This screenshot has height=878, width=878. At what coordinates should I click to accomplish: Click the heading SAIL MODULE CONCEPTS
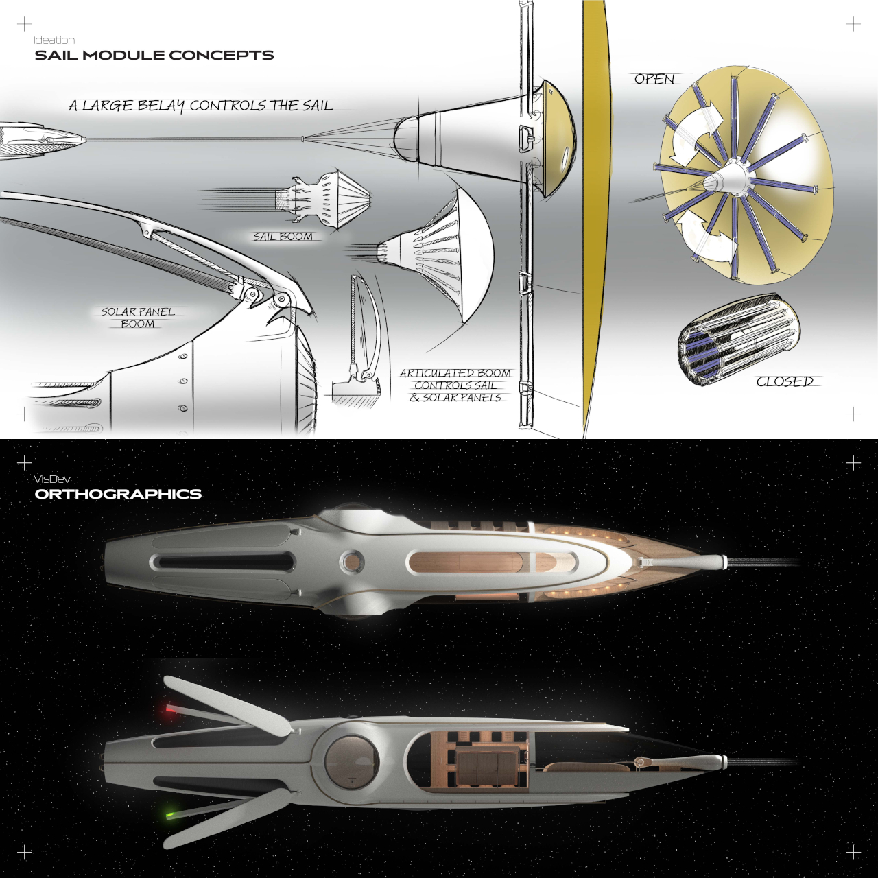154,56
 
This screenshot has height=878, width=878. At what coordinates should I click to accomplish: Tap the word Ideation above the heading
54,40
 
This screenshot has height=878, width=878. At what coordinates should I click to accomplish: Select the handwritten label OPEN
654,80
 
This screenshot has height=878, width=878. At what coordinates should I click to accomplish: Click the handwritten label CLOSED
785,381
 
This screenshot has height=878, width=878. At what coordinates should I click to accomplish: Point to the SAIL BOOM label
283,237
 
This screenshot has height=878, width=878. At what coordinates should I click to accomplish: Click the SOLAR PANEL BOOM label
138,318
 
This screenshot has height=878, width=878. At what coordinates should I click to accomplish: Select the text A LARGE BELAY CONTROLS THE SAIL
201,106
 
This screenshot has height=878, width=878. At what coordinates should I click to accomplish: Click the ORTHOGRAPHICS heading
118,495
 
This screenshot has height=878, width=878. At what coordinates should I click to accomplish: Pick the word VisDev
52,479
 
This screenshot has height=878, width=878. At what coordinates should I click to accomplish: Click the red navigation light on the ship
169,709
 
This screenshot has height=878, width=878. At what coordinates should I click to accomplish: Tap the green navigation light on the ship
169,816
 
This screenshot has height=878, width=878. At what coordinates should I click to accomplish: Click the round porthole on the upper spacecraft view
353,562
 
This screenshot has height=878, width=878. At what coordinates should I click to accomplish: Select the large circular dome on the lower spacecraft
351,761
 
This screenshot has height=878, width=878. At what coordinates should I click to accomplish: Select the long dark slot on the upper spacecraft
223,562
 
